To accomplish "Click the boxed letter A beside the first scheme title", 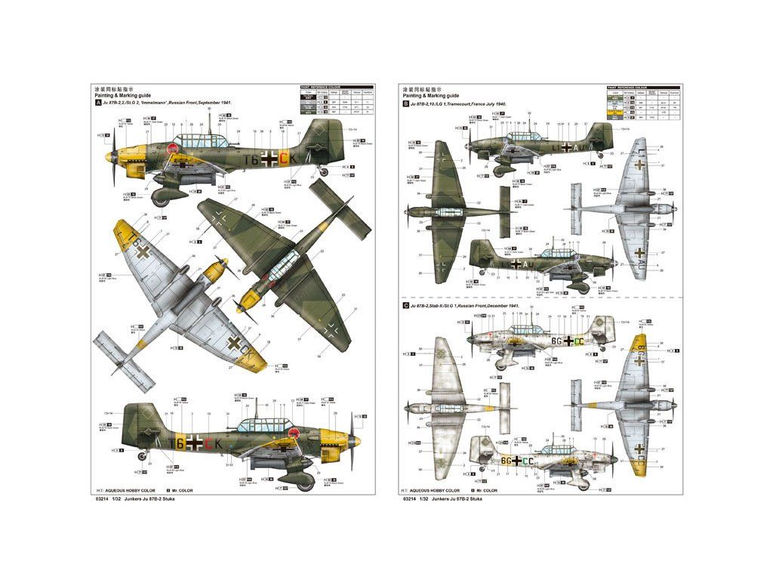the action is (x=97, y=103).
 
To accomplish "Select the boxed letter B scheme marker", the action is (x=406, y=103).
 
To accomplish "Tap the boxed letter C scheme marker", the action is (x=406, y=305).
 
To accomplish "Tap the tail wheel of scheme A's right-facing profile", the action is (x=140, y=455).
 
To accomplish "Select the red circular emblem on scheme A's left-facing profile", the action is (x=173, y=149).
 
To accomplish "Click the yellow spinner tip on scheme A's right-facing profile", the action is (x=357, y=440).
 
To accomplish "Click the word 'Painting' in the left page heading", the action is (x=106, y=96).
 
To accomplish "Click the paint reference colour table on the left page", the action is (x=335, y=101).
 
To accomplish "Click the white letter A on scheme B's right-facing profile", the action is (x=515, y=264).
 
